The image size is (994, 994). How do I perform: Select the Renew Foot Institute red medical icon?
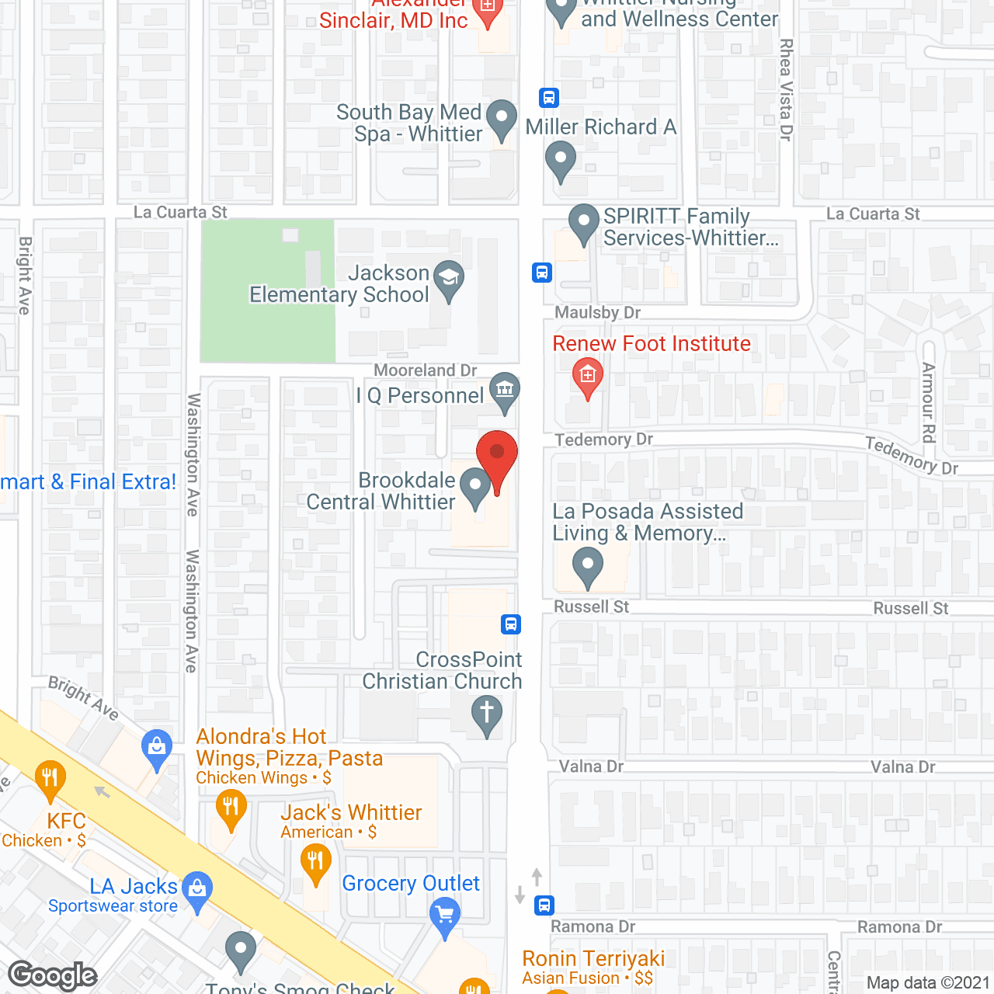coord(588,376)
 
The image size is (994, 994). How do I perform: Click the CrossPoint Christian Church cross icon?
coord(487,713)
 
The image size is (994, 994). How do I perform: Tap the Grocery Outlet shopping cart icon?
coord(445,914)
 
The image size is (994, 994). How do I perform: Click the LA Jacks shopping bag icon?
coord(197,888)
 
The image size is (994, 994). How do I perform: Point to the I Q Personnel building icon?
coord(505,389)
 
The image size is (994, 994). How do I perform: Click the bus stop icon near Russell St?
coord(511,624)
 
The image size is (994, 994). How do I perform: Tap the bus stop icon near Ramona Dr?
coord(544,905)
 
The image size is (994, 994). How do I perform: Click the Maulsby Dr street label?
coord(597,313)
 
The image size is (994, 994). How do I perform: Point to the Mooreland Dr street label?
coord(425,370)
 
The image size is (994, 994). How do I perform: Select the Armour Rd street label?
coord(928,402)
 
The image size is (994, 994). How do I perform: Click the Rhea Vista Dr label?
coord(786,89)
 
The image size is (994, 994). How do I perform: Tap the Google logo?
coord(53,975)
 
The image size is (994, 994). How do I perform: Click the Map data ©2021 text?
coord(928,983)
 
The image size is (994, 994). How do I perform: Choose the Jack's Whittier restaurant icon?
coord(315,862)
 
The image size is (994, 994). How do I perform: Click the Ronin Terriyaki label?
coord(593,959)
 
